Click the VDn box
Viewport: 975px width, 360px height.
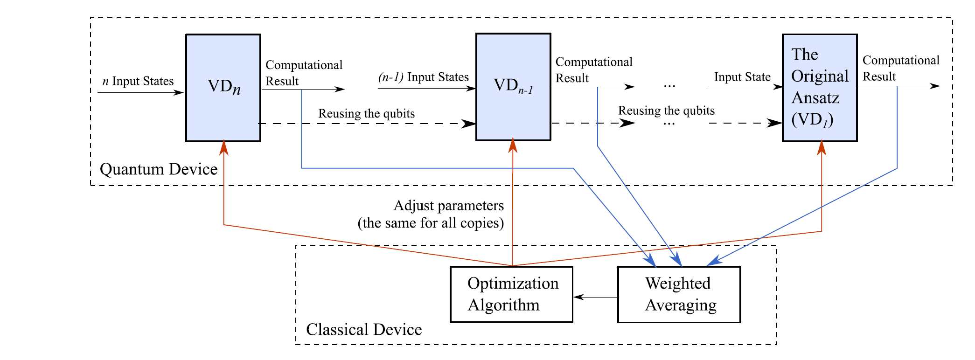pos(223,88)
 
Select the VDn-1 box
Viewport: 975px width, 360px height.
pos(513,87)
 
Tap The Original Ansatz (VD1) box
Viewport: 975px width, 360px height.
pos(819,88)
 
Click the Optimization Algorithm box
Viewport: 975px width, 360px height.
pos(511,294)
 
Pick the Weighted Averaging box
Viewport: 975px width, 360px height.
pos(679,294)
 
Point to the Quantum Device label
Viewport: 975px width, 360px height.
pos(159,169)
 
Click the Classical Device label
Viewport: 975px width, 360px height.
pos(364,330)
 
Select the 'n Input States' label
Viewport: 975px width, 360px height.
pos(138,81)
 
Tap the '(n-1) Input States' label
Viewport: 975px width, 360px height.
pos(423,77)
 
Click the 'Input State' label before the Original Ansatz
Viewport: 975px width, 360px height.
pos(742,77)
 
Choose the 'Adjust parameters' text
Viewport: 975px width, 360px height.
pos(449,206)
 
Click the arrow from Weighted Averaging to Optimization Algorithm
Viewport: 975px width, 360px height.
pos(595,297)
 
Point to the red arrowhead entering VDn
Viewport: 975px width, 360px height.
pos(224,147)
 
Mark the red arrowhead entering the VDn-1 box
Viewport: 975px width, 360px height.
pos(513,145)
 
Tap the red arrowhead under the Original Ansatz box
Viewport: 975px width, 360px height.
pos(822,147)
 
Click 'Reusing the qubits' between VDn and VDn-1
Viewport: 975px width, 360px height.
pos(366,114)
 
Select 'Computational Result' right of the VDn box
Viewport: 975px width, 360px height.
pos(304,73)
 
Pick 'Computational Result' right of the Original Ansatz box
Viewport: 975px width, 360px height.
pos(900,68)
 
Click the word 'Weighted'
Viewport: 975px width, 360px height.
pos(678,283)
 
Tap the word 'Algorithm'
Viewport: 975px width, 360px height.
pos(503,305)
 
